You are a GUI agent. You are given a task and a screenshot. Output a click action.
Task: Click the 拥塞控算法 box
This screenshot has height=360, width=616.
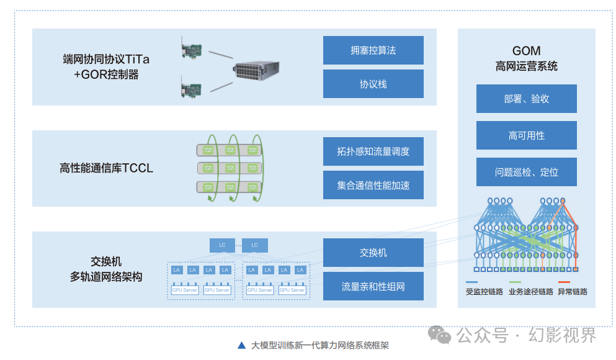pos(373,50)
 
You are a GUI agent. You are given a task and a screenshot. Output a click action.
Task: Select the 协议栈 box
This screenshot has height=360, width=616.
pos(373,84)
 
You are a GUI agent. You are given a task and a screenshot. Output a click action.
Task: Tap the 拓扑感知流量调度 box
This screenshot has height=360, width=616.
pos(373,151)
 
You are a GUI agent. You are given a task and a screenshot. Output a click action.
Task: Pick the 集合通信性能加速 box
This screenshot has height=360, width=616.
pos(373,185)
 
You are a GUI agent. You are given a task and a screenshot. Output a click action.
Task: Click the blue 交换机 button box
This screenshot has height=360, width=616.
pos(373,253)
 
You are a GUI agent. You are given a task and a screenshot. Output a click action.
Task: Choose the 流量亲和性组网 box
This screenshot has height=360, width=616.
pos(373,286)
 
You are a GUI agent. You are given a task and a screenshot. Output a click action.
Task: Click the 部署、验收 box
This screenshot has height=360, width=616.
pos(526,99)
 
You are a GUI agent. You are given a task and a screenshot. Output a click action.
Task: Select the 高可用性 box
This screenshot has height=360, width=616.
pos(526,135)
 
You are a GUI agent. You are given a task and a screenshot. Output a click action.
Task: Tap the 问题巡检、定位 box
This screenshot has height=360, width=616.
pos(526,172)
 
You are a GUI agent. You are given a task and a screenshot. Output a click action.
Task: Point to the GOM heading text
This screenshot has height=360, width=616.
pos(526,51)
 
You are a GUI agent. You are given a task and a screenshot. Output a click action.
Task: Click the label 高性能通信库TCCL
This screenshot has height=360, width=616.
pos(106,168)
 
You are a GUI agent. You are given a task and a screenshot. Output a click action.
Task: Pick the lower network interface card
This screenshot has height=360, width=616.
pos(194,87)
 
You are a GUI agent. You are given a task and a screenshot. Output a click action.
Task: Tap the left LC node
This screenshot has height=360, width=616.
pos(222,245)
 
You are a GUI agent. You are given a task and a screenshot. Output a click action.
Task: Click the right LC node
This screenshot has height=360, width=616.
pos(254,245)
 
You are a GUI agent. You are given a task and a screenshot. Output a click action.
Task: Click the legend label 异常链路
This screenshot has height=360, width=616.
pos(572,292)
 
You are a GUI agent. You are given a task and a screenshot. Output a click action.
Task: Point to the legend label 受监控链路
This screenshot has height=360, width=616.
pos(484,292)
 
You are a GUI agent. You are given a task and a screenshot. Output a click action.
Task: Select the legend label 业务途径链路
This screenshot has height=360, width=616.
pos(530,292)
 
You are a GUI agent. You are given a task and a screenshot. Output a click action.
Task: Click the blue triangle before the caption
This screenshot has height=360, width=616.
pos(241,346)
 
